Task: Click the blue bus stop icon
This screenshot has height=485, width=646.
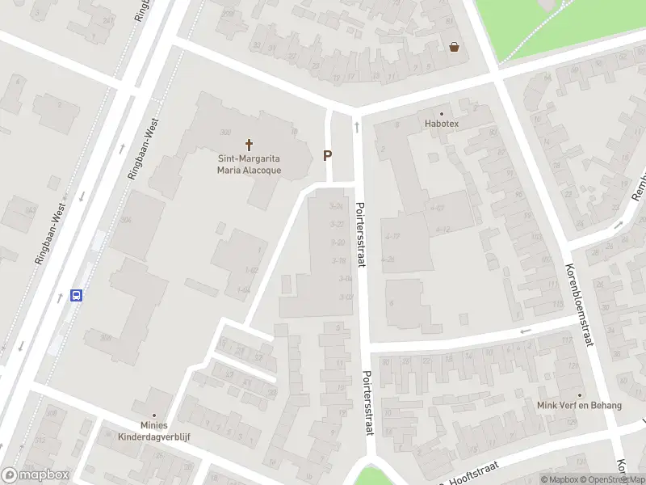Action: click(x=77, y=295)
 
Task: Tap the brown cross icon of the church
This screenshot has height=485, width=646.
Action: click(x=249, y=145)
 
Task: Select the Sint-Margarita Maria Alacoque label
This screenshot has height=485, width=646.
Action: click(x=249, y=164)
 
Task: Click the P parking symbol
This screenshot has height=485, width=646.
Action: click(x=328, y=155)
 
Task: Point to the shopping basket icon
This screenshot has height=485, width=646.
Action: click(x=455, y=47)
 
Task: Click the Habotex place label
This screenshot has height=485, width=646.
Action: click(x=442, y=124)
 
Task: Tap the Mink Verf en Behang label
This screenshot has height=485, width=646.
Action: click(x=580, y=405)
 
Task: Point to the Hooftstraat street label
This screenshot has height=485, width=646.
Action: click(x=475, y=471)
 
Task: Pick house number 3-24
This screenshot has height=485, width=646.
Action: click(x=337, y=207)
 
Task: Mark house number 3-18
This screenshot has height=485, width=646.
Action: click(x=338, y=260)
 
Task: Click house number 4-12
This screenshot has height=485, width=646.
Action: click(x=442, y=230)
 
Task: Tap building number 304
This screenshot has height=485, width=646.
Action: click(x=125, y=219)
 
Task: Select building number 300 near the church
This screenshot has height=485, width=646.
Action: click(x=225, y=133)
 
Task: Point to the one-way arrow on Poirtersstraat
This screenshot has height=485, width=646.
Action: click(x=356, y=128)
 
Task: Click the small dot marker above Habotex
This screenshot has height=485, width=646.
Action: click(x=442, y=114)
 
